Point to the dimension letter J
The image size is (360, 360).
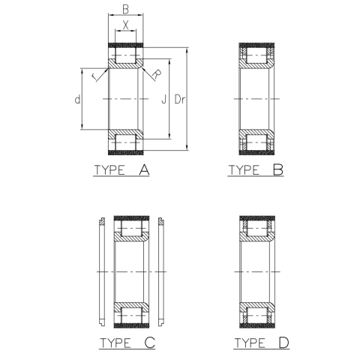pos(161,99)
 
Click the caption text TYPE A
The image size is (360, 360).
pos(122,170)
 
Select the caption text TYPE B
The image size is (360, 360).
pos(256,170)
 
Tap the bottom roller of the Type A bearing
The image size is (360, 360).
pos(126,141)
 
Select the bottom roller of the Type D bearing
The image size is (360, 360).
pos(256,314)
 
